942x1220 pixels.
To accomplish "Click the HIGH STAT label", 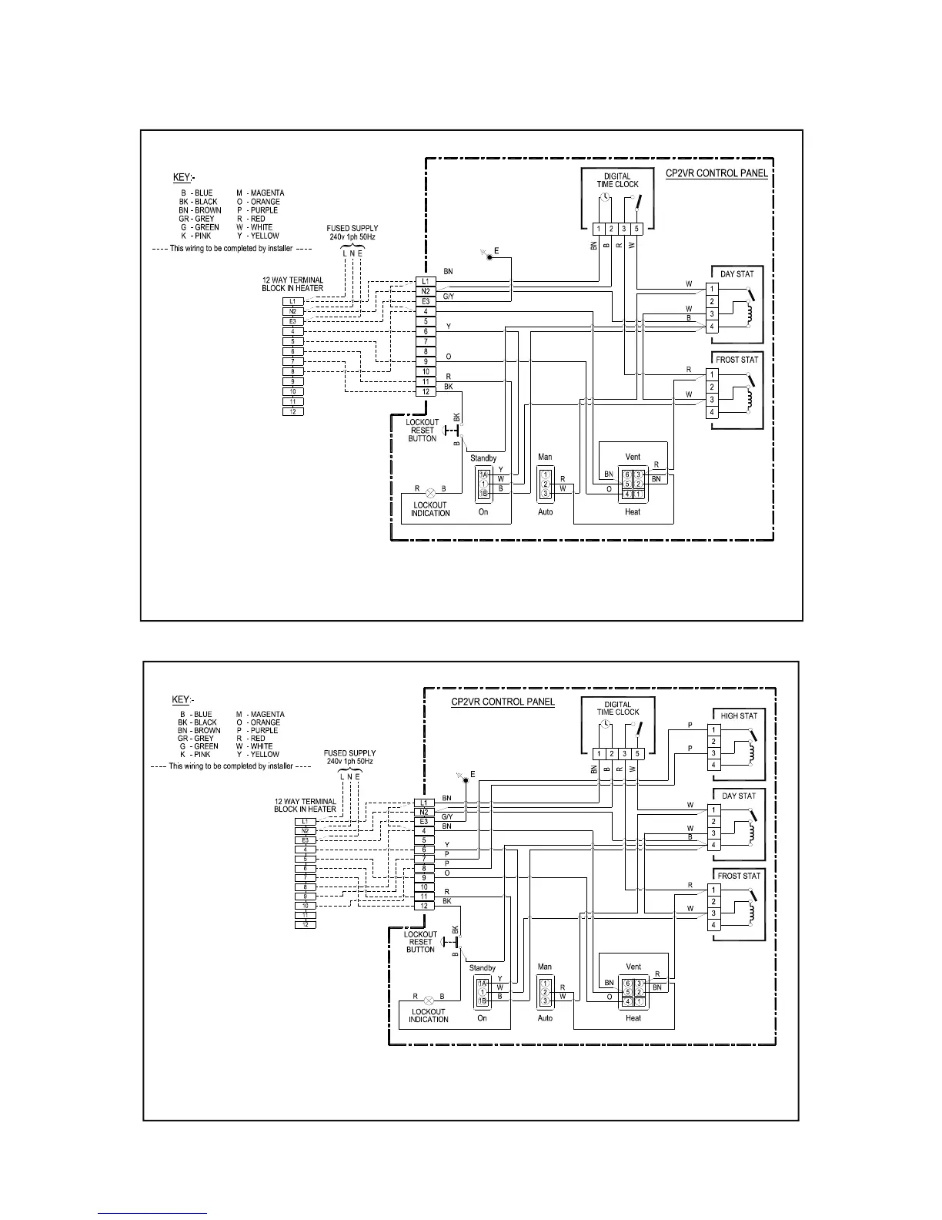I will click(x=739, y=716).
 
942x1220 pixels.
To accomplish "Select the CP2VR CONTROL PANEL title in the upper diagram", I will click(x=716, y=173).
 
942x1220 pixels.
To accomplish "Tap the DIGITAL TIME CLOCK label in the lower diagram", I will click(x=618, y=708).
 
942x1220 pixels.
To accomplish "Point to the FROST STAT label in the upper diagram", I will click(x=737, y=360).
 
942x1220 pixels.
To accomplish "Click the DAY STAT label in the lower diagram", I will click(x=739, y=796).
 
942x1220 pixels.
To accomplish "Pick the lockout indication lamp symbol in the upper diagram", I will click(x=430, y=491).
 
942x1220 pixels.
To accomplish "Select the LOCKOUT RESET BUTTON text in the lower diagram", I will click(x=421, y=942).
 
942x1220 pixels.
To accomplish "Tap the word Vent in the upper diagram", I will click(x=633, y=457).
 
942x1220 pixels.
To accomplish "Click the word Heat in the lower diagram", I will click(x=633, y=1018).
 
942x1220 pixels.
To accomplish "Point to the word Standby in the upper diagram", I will click(x=483, y=458).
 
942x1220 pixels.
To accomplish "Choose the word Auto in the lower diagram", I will click(x=545, y=1018).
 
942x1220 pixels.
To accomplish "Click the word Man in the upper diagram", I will click(x=545, y=457).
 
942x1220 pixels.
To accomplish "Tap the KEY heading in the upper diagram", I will click(x=183, y=178).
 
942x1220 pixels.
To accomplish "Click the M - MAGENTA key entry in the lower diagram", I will click(x=260, y=714).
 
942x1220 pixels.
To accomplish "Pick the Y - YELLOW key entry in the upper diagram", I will click(x=258, y=236).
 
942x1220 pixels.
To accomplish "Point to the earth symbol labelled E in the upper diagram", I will click(x=489, y=256).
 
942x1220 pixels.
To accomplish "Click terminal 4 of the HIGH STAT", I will click(x=714, y=765).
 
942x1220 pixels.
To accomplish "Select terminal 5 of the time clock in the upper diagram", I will click(x=636, y=229).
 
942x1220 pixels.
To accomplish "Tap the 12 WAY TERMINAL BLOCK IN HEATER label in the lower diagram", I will click(x=306, y=805).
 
